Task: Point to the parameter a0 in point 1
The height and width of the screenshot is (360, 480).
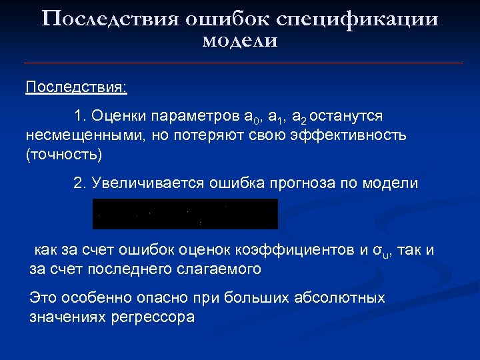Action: tap(253, 117)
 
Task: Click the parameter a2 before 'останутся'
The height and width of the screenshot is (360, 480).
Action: tap(299, 117)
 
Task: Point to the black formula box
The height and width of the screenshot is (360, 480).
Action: tap(185, 213)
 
